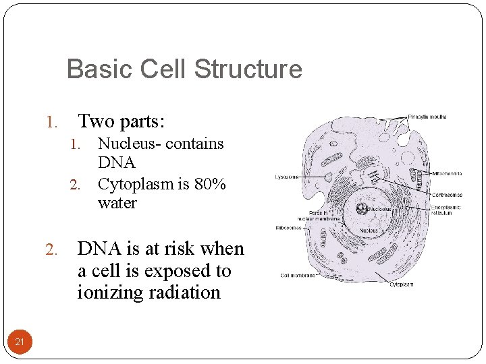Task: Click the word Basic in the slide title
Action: [x=94, y=69]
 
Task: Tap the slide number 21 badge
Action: [x=20, y=342]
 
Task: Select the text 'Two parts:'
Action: [x=122, y=121]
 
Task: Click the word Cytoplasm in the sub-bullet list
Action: [x=133, y=184]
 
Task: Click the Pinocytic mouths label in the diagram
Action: [x=427, y=117]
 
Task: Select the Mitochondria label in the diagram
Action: [x=447, y=173]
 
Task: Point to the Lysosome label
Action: [x=288, y=177]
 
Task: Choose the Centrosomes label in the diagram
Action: [x=447, y=194]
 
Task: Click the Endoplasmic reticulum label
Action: [x=446, y=210]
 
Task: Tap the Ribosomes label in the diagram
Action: [x=288, y=228]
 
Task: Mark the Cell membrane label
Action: [x=298, y=275]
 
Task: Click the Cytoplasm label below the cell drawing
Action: [x=402, y=284]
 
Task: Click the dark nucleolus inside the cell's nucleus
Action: [x=362, y=209]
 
